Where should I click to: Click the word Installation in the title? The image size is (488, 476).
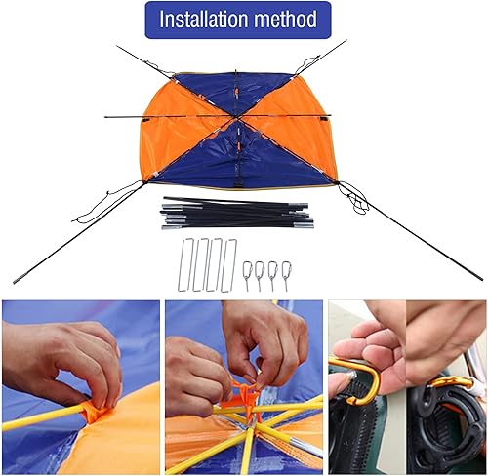(208, 20)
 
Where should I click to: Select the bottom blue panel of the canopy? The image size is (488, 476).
(239, 161)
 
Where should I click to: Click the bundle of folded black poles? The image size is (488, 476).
(234, 214)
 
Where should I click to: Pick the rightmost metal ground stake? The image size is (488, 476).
(229, 264)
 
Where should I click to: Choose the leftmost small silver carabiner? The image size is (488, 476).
(248, 274)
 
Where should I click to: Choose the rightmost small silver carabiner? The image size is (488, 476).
(286, 274)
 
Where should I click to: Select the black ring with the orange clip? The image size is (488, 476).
(444, 410)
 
